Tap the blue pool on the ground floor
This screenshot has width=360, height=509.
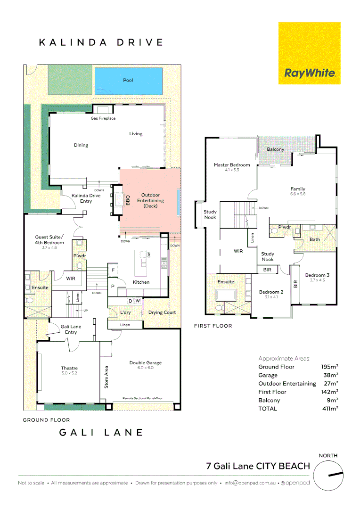click(x=128, y=80)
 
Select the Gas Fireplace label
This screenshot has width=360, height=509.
click(x=103, y=118)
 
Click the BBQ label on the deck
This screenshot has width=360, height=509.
click(x=127, y=201)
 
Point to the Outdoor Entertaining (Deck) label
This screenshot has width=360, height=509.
click(x=150, y=200)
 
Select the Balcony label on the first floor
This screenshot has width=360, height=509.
click(x=275, y=149)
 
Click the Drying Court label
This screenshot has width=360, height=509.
click(x=162, y=312)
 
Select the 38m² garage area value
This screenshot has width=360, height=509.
click(x=330, y=375)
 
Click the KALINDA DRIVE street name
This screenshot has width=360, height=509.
click(x=100, y=42)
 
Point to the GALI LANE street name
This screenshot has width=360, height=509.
click(x=100, y=432)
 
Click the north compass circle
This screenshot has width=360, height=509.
click(x=328, y=475)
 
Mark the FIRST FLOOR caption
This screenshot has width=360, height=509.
click(x=213, y=326)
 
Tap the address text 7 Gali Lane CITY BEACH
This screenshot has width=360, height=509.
click(x=258, y=466)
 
